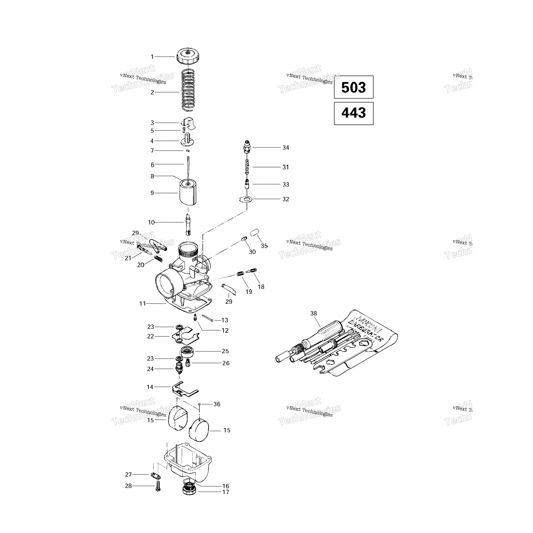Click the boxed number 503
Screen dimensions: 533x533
[x=354, y=87]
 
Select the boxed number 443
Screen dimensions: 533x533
[x=354, y=113]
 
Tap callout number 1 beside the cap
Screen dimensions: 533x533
[x=152, y=56]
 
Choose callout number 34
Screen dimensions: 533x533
[x=286, y=147]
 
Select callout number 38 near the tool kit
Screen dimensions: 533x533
[x=313, y=313]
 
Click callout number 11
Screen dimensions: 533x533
[x=142, y=303]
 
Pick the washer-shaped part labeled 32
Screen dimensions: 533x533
[x=246, y=199]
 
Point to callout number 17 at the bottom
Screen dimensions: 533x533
[x=226, y=492]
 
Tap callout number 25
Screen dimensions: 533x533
[x=225, y=351]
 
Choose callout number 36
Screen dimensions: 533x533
[x=217, y=404]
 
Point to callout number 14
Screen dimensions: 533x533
[x=150, y=387]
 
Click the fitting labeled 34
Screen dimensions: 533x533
[x=246, y=146]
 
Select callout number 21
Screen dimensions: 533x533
[x=128, y=258]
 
